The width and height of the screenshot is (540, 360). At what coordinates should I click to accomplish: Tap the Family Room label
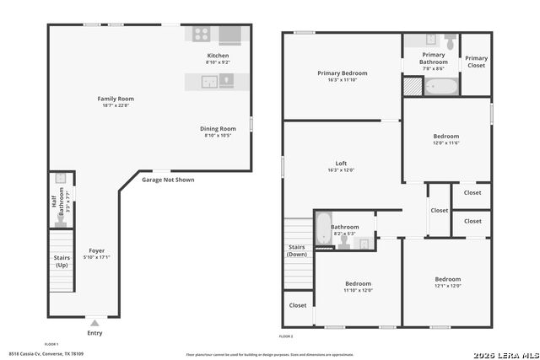116,99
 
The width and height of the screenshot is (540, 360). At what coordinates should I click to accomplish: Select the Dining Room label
218,129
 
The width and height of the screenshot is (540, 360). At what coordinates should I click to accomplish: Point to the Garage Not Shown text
168,180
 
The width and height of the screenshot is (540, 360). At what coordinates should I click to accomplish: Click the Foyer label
97,251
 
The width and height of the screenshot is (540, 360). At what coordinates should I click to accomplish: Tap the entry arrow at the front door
95,322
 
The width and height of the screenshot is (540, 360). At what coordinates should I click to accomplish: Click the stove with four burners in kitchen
202,35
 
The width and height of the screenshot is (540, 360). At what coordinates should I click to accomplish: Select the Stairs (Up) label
61,261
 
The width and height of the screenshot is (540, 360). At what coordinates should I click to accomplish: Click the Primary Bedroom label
342,73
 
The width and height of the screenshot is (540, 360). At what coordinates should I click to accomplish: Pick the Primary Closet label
477,62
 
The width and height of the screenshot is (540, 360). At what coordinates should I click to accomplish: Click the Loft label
341,164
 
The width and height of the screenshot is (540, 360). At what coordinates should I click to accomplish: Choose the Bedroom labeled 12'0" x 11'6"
446,137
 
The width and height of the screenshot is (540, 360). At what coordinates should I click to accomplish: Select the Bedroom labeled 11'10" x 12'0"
358,284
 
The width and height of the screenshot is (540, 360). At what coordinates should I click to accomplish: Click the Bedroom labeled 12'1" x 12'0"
448,280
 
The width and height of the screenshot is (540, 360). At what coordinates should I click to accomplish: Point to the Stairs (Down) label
297,250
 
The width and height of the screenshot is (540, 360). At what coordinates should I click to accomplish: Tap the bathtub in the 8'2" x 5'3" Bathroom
324,228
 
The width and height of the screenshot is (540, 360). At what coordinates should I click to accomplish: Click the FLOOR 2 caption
287,336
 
